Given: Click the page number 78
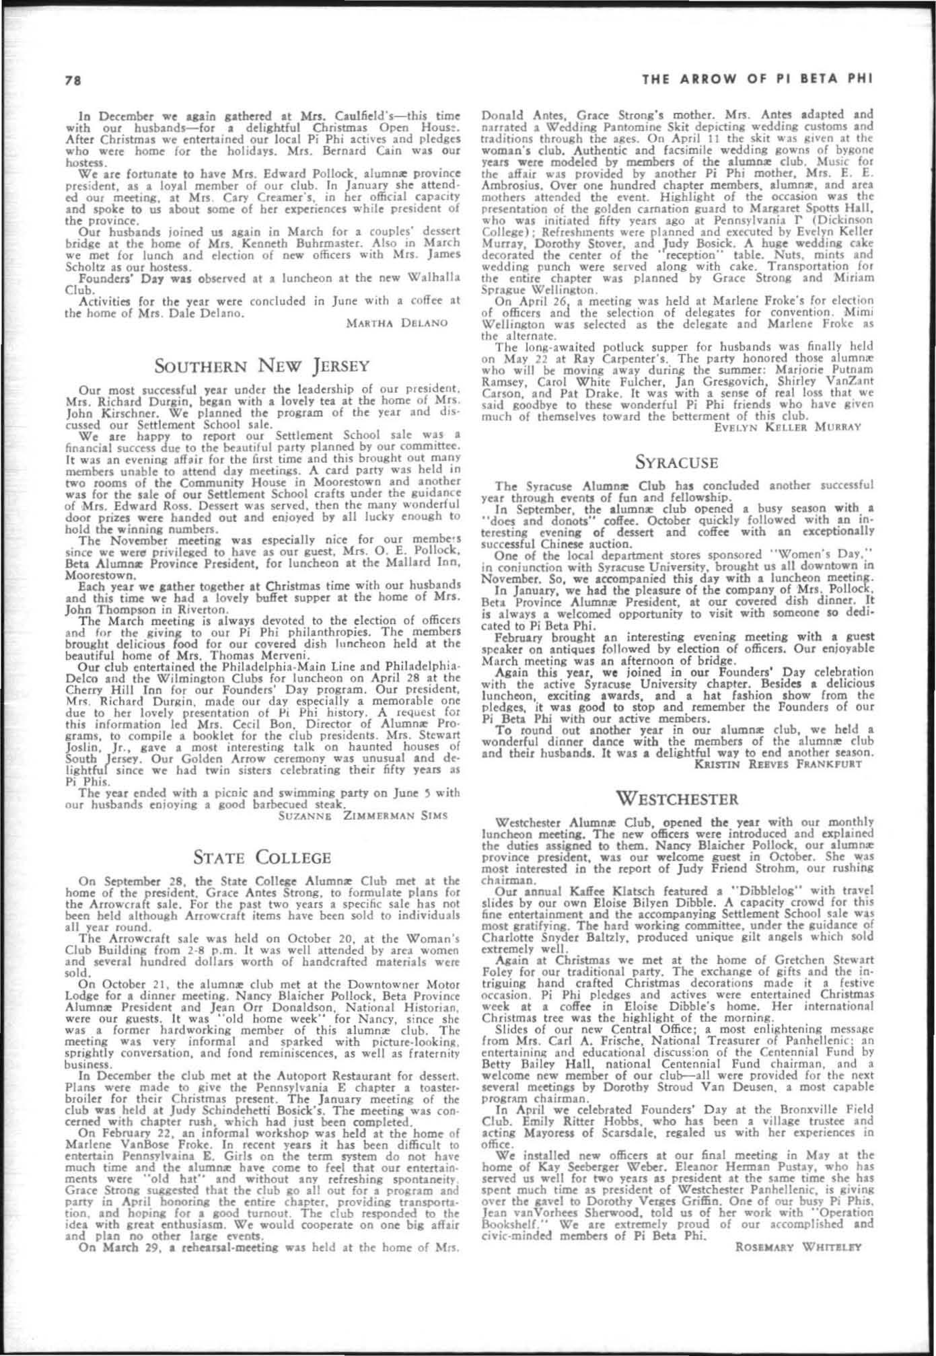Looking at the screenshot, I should pos(69,80).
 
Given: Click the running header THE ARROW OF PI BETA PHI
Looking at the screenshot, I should pos(758,79).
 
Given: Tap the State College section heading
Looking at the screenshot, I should pos(262,858).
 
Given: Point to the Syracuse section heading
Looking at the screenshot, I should pos(677,463).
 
